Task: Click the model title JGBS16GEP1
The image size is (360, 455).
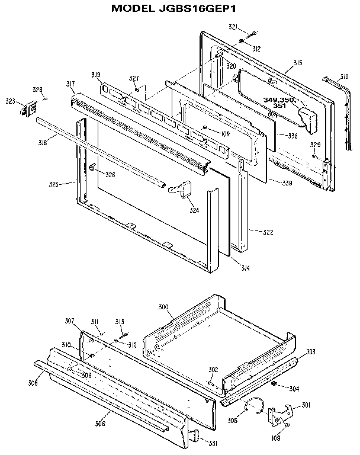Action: click(179, 9)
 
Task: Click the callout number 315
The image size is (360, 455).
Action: click(298, 63)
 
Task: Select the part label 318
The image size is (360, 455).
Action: click(345, 77)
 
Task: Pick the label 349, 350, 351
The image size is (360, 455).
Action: click(279, 103)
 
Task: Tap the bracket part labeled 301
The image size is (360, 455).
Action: click(278, 413)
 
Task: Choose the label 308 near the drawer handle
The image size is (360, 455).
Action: click(33, 383)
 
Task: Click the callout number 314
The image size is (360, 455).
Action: click(246, 268)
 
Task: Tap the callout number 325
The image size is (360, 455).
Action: click(54, 184)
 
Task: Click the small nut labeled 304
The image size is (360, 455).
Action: click(275, 384)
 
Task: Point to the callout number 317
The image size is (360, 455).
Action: click(70, 85)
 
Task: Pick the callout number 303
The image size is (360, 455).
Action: click(310, 352)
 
